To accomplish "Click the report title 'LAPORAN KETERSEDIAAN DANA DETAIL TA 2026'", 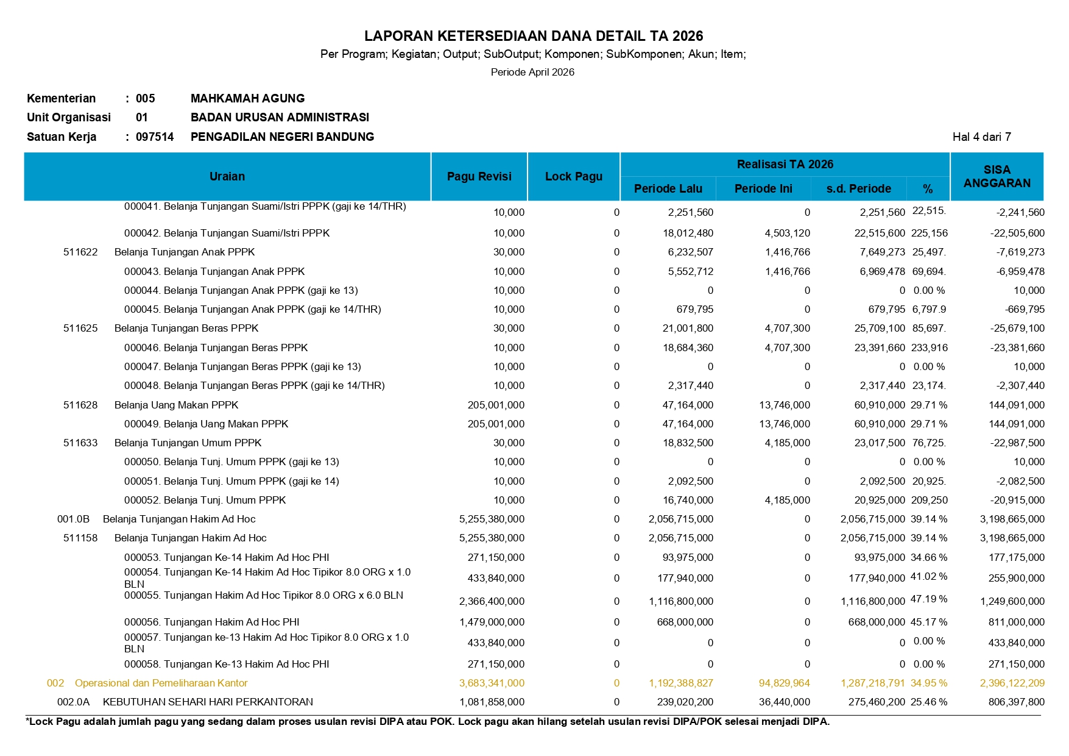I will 534,36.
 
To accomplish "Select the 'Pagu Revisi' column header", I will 479,176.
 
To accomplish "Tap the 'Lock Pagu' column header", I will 573,176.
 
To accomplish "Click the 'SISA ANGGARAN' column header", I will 997,176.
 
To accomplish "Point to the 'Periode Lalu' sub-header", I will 668,189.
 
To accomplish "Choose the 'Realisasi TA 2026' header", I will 785,164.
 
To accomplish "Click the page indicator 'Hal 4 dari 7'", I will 981,137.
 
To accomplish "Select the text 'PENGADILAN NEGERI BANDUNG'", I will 282,137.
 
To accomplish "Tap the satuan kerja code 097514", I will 155,137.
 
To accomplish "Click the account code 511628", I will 80,405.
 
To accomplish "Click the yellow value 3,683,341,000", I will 492,683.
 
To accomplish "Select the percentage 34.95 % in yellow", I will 928,683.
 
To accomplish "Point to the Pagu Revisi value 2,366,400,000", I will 492,601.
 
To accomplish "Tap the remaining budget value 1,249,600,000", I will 1012,601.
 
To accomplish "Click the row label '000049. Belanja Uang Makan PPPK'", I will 206,424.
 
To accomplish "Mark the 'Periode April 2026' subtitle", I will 532,72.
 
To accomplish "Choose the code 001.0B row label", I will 74,519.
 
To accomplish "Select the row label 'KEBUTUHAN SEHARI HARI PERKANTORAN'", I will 208,702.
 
